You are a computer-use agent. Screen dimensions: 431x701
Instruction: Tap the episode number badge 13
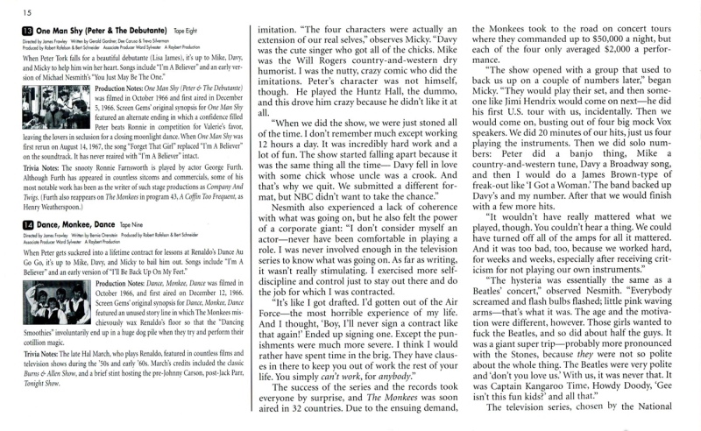click(x=29, y=31)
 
